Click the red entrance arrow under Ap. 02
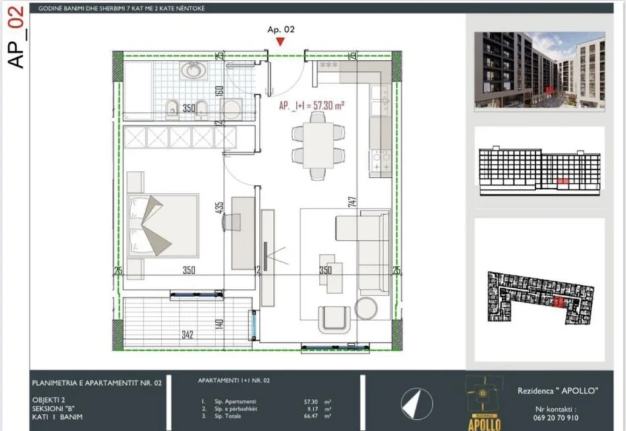coord(281,42)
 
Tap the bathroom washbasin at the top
coord(194,70)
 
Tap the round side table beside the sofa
coord(366,308)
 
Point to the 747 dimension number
coord(355,200)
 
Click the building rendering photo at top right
coord(539,70)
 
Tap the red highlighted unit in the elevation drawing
coord(561,180)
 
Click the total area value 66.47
coord(308,416)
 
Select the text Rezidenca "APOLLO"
coord(557,391)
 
